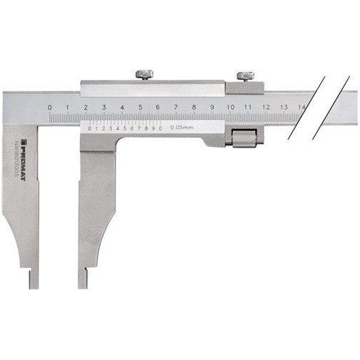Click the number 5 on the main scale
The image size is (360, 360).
(x=140, y=108)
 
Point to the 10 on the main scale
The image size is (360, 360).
(x=230, y=108)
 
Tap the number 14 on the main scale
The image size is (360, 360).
(x=302, y=108)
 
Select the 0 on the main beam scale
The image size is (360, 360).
(x=49, y=108)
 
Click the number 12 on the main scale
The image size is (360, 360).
(x=266, y=108)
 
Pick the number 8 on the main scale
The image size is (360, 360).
(x=194, y=108)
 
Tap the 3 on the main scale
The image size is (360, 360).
(x=104, y=108)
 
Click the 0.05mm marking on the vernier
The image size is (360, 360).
(x=183, y=128)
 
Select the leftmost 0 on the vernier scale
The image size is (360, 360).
(x=91, y=128)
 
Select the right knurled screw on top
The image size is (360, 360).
(x=246, y=75)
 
